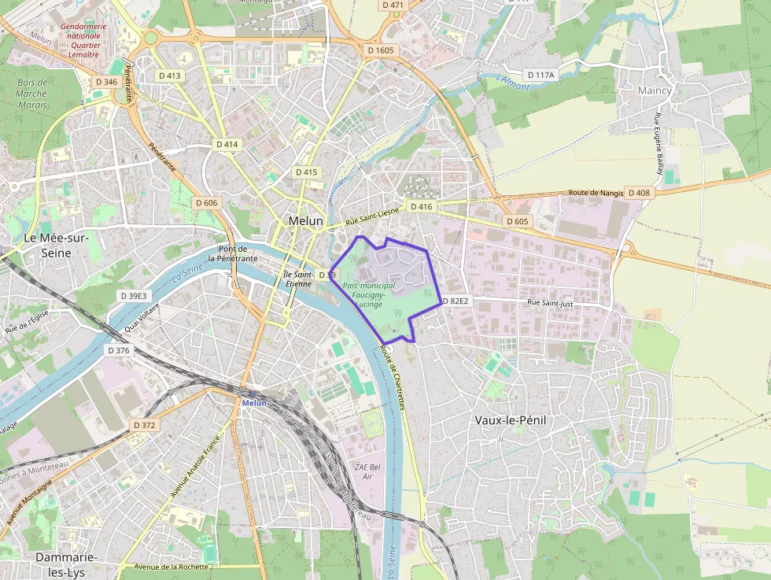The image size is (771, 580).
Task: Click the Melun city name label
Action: pyautogui.click(x=305, y=221)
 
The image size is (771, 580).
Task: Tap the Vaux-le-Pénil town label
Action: pyautogui.click(x=511, y=420)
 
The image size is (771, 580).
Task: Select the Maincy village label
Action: pyautogui.click(x=655, y=91)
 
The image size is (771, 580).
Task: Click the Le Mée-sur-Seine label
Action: pyautogui.click(x=56, y=245)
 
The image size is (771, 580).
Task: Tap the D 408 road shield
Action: pyautogui.click(x=638, y=193)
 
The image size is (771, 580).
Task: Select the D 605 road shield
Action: pyautogui.click(x=518, y=221)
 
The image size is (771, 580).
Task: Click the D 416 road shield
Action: pyautogui.click(x=421, y=207)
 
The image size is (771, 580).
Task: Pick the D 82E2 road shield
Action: pyautogui.click(x=456, y=301)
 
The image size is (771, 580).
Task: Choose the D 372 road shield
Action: pyautogui.click(x=145, y=425)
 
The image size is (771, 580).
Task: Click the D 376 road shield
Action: pyautogui.click(x=118, y=350)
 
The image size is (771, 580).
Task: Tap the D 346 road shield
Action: pyautogui.click(x=105, y=82)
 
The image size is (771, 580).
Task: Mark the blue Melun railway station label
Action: pyautogui.click(x=254, y=403)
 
